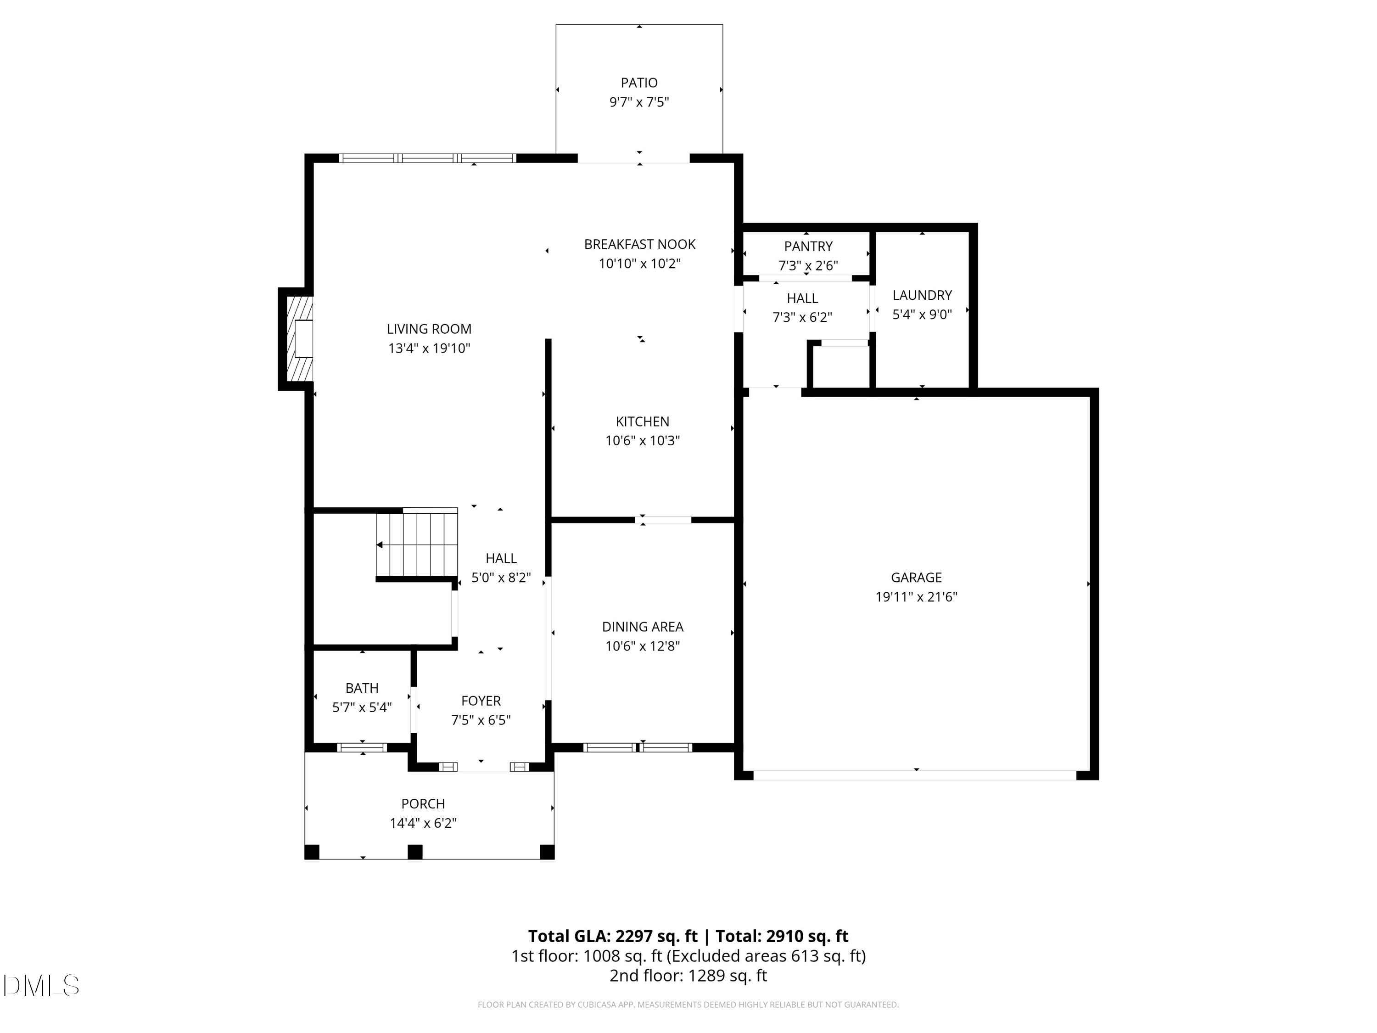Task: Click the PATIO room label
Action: [x=639, y=83]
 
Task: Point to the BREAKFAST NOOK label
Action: [x=639, y=244]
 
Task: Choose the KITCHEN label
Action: [x=643, y=421]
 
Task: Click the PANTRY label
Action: [x=808, y=247]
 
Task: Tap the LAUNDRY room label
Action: [x=922, y=295]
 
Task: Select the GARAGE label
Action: [x=916, y=578]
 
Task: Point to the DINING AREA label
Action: [x=643, y=627]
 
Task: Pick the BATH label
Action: [x=362, y=688]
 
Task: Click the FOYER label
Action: [x=481, y=701]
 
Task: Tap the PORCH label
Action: [x=423, y=804]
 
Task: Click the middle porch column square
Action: [x=414, y=852]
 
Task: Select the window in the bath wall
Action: [x=362, y=747]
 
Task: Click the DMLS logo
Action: [x=41, y=985]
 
